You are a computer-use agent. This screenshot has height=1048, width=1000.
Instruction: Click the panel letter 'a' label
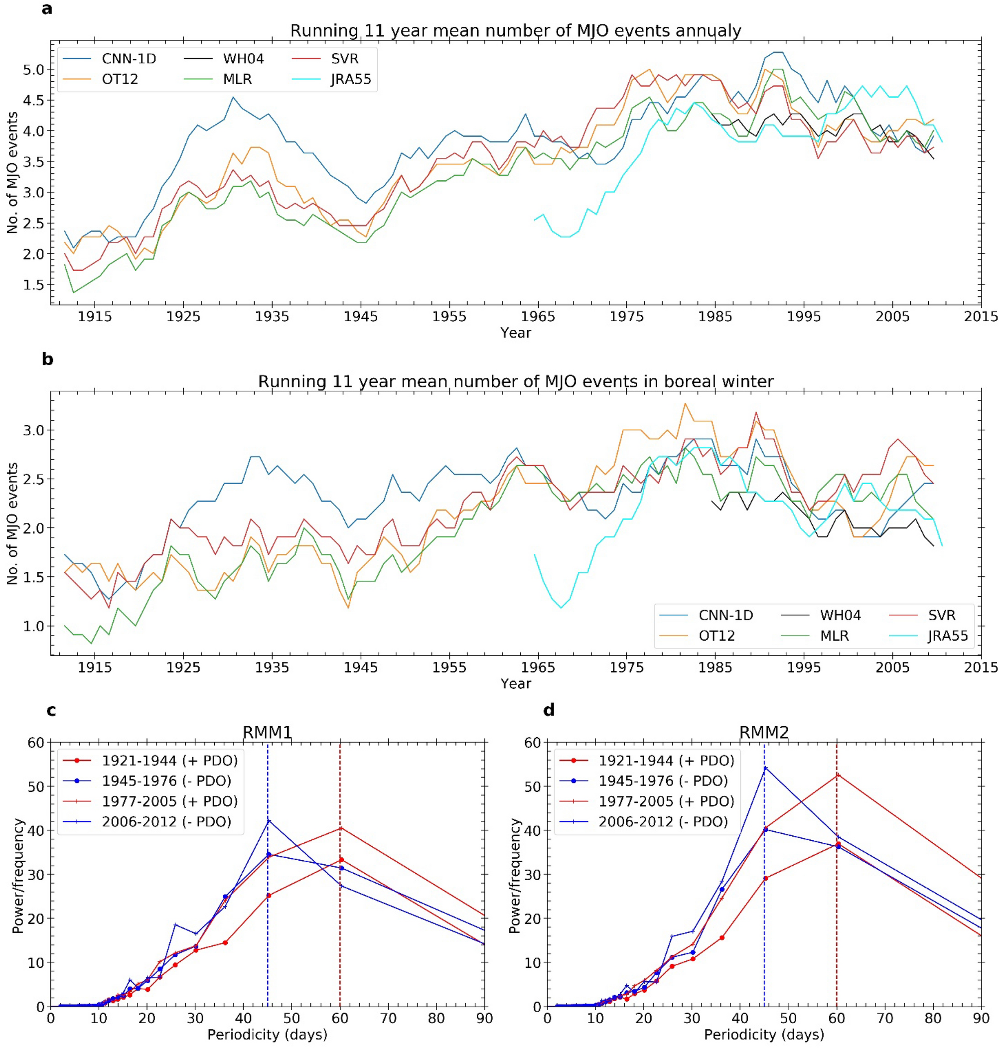coord(47,9)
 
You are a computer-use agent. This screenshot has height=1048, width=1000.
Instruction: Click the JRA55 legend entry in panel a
coord(350,79)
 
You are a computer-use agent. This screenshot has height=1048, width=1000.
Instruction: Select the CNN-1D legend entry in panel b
coord(725,615)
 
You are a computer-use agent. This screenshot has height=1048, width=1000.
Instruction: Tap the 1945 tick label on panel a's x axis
coord(361,316)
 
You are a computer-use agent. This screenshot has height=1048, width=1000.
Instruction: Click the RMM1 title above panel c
coord(267,733)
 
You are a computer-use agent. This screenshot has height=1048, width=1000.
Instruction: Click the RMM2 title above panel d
coord(764,733)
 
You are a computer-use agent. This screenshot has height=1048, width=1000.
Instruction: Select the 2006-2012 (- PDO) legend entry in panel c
coord(166,821)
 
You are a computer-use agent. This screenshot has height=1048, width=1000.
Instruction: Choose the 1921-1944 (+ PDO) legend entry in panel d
coord(666,760)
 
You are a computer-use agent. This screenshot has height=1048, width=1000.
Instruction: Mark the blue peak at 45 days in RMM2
coord(765,768)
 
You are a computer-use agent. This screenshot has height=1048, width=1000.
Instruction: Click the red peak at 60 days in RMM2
coord(837,774)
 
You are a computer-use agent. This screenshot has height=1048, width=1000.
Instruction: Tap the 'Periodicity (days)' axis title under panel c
coord(267,1035)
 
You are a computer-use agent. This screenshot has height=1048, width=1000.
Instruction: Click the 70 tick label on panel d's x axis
coord(885,1018)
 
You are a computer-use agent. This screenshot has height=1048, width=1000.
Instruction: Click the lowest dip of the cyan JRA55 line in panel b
coord(560,607)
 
